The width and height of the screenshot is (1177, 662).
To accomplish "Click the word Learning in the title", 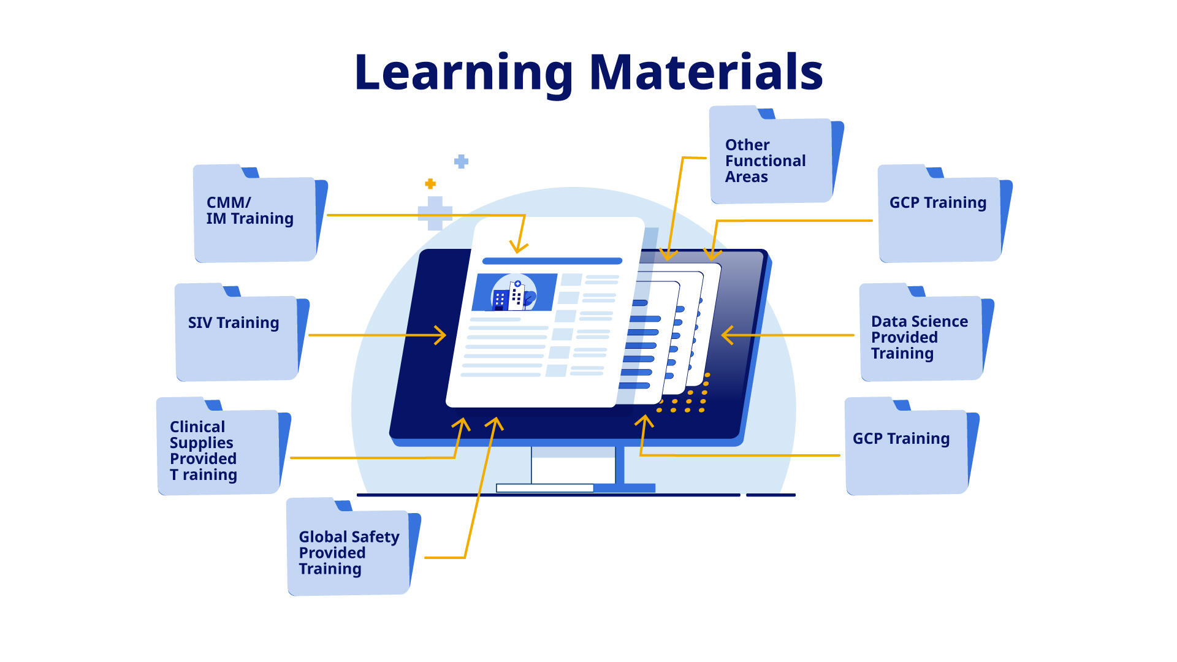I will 463,73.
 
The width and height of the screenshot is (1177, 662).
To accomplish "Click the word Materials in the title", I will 706,72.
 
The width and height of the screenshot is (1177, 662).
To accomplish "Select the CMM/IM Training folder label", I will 249,211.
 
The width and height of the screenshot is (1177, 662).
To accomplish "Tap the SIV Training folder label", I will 233,323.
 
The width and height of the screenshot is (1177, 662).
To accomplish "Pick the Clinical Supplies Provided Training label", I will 203,451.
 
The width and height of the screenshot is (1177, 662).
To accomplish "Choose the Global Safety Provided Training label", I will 348,552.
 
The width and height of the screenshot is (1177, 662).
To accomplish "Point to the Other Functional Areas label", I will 765,161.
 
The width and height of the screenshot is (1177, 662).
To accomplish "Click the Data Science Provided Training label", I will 919,337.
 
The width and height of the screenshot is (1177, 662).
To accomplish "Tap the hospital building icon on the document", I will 514,293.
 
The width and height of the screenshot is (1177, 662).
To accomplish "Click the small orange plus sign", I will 430,184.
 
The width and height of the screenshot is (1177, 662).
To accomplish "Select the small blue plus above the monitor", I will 461,161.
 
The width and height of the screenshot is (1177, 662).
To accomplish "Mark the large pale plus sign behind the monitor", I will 435,213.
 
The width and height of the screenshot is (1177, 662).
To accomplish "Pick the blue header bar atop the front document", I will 552,261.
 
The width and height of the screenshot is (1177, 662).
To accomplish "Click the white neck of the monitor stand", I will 573,465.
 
